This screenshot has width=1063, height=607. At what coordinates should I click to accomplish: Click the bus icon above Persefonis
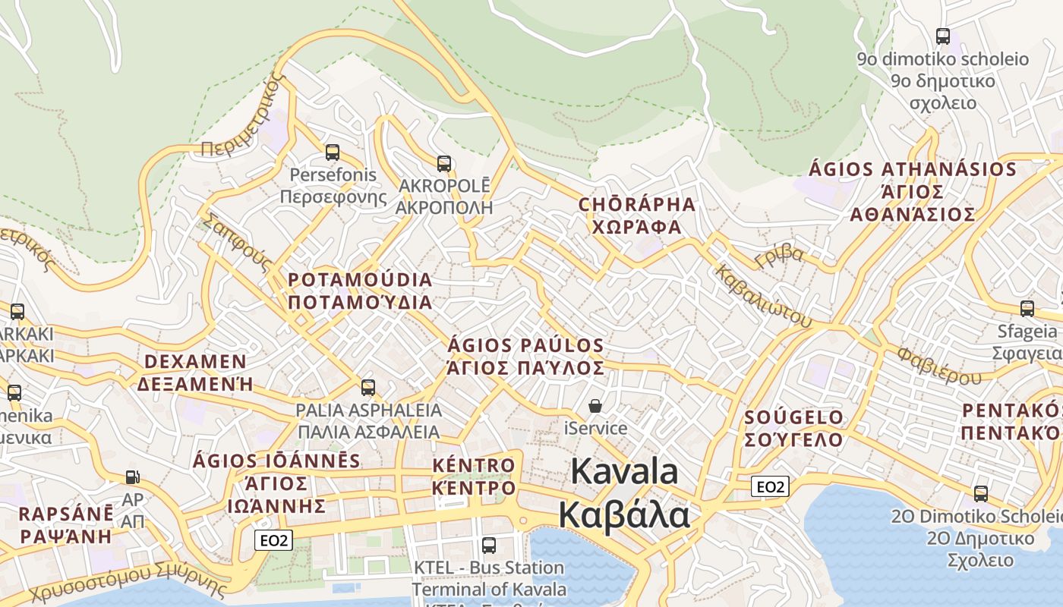[x=332, y=153]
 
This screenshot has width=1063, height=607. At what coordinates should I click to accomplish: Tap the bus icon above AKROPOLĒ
[x=444, y=163]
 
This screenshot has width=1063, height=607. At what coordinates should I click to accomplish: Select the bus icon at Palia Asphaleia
[x=368, y=388]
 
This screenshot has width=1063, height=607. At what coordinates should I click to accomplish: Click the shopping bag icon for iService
[x=595, y=406]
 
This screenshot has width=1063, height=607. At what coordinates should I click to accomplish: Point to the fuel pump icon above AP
[x=133, y=477]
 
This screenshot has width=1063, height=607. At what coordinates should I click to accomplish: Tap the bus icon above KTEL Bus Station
[x=489, y=545]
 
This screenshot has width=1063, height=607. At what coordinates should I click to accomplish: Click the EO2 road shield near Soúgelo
[x=770, y=486]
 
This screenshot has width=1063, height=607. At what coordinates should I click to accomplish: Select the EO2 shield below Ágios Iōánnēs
[x=273, y=540]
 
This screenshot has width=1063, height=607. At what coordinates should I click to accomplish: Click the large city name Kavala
[x=624, y=471]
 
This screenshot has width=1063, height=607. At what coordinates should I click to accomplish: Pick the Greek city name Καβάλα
[x=624, y=514]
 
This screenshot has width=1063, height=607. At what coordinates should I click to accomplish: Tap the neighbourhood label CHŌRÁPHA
[x=636, y=204]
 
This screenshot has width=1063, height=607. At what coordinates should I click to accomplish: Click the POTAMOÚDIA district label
[x=360, y=280]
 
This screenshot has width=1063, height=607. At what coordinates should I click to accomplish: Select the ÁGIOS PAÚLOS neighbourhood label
[x=525, y=346]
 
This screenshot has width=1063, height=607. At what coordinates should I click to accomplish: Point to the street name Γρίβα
[x=779, y=256]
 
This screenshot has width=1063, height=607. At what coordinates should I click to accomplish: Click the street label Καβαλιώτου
[x=763, y=297]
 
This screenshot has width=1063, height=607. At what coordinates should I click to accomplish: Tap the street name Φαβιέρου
[x=938, y=366]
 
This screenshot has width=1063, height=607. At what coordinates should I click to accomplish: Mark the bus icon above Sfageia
[x=1027, y=308]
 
